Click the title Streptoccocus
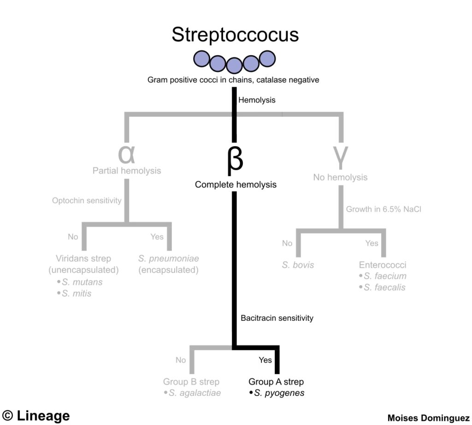(x=235, y=35)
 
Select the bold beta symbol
(x=235, y=159)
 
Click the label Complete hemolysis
(x=236, y=185)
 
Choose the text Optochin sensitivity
(x=87, y=201)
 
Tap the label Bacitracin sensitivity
(x=277, y=318)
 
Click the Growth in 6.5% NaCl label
(x=384, y=209)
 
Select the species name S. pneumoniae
(x=169, y=259)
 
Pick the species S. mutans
(x=82, y=282)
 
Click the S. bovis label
(x=298, y=265)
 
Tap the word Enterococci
(x=383, y=265)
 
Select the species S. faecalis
(x=384, y=287)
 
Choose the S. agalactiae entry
(x=194, y=393)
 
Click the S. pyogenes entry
(x=278, y=393)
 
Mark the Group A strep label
(x=276, y=382)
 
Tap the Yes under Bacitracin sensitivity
(x=265, y=360)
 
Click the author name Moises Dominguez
(x=429, y=418)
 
